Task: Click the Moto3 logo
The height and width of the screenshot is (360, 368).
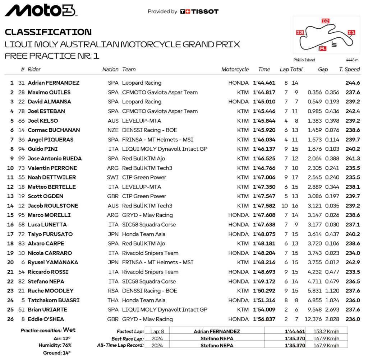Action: pyautogui.click(x=41, y=10)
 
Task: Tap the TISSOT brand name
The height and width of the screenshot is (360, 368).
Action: pyautogui.click(x=204, y=11)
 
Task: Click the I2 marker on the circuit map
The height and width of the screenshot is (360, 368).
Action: pyautogui.click(x=325, y=21)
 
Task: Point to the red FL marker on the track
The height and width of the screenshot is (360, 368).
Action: pyautogui.click(x=323, y=48)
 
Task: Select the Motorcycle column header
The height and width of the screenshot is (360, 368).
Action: pyautogui.click(x=235, y=69)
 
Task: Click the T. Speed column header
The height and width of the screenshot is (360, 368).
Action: pyautogui.click(x=349, y=69)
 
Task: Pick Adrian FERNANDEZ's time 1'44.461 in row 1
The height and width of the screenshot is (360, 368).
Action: pyautogui.click(x=264, y=83)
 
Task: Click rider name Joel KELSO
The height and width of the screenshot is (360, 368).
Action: pyautogui.click(x=43, y=121)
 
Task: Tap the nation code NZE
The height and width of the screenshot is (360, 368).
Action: pyautogui.click(x=113, y=130)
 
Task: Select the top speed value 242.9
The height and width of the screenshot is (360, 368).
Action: pyautogui.click(x=353, y=262)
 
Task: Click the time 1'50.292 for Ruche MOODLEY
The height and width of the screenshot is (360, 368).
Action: pyautogui.click(x=264, y=291)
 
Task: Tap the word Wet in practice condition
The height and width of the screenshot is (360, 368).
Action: pyautogui.click(x=69, y=330)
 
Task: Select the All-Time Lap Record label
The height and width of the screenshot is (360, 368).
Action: pyautogui.click(x=120, y=345)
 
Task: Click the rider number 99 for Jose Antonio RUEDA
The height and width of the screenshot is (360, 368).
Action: pyautogui.click(x=21, y=158)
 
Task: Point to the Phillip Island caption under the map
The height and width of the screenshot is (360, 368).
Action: pyautogui.click(x=304, y=60)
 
